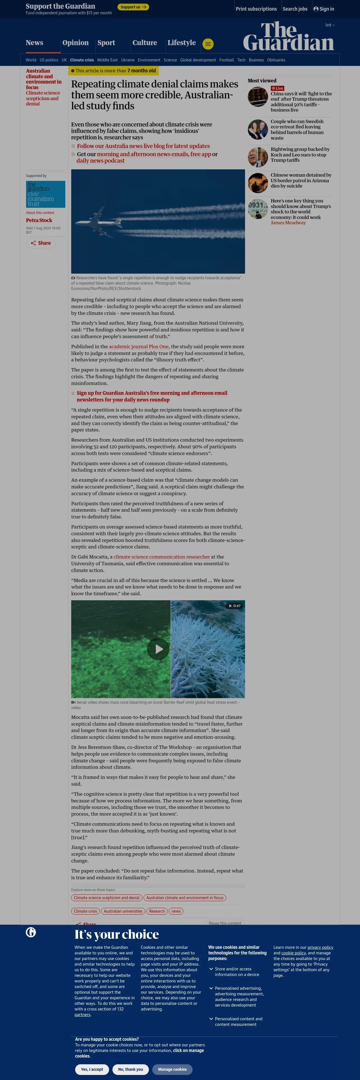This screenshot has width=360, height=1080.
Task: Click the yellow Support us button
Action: click(x=133, y=7)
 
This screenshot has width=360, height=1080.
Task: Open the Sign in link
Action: click(x=324, y=9)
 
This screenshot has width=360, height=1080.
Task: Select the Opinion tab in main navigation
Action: click(x=75, y=43)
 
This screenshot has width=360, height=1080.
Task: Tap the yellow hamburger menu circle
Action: click(x=208, y=44)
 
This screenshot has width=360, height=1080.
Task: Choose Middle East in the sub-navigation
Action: click(x=107, y=60)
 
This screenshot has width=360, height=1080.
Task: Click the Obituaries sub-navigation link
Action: click(x=276, y=60)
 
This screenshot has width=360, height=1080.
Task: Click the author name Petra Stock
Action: click(x=39, y=220)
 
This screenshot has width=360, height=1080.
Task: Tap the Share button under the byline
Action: click(x=41, y=243)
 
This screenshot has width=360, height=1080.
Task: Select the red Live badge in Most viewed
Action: click(x=278, y=88)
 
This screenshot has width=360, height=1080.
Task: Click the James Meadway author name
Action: click(x=288, y=223)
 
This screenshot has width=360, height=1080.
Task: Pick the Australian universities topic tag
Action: click(x=123, y=911)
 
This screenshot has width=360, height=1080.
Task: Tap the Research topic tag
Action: click(x=157, y=911)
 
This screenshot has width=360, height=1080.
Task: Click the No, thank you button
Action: click(x=130, y=1069)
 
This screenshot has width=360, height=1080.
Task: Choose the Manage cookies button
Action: click(x=172, y=1069)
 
